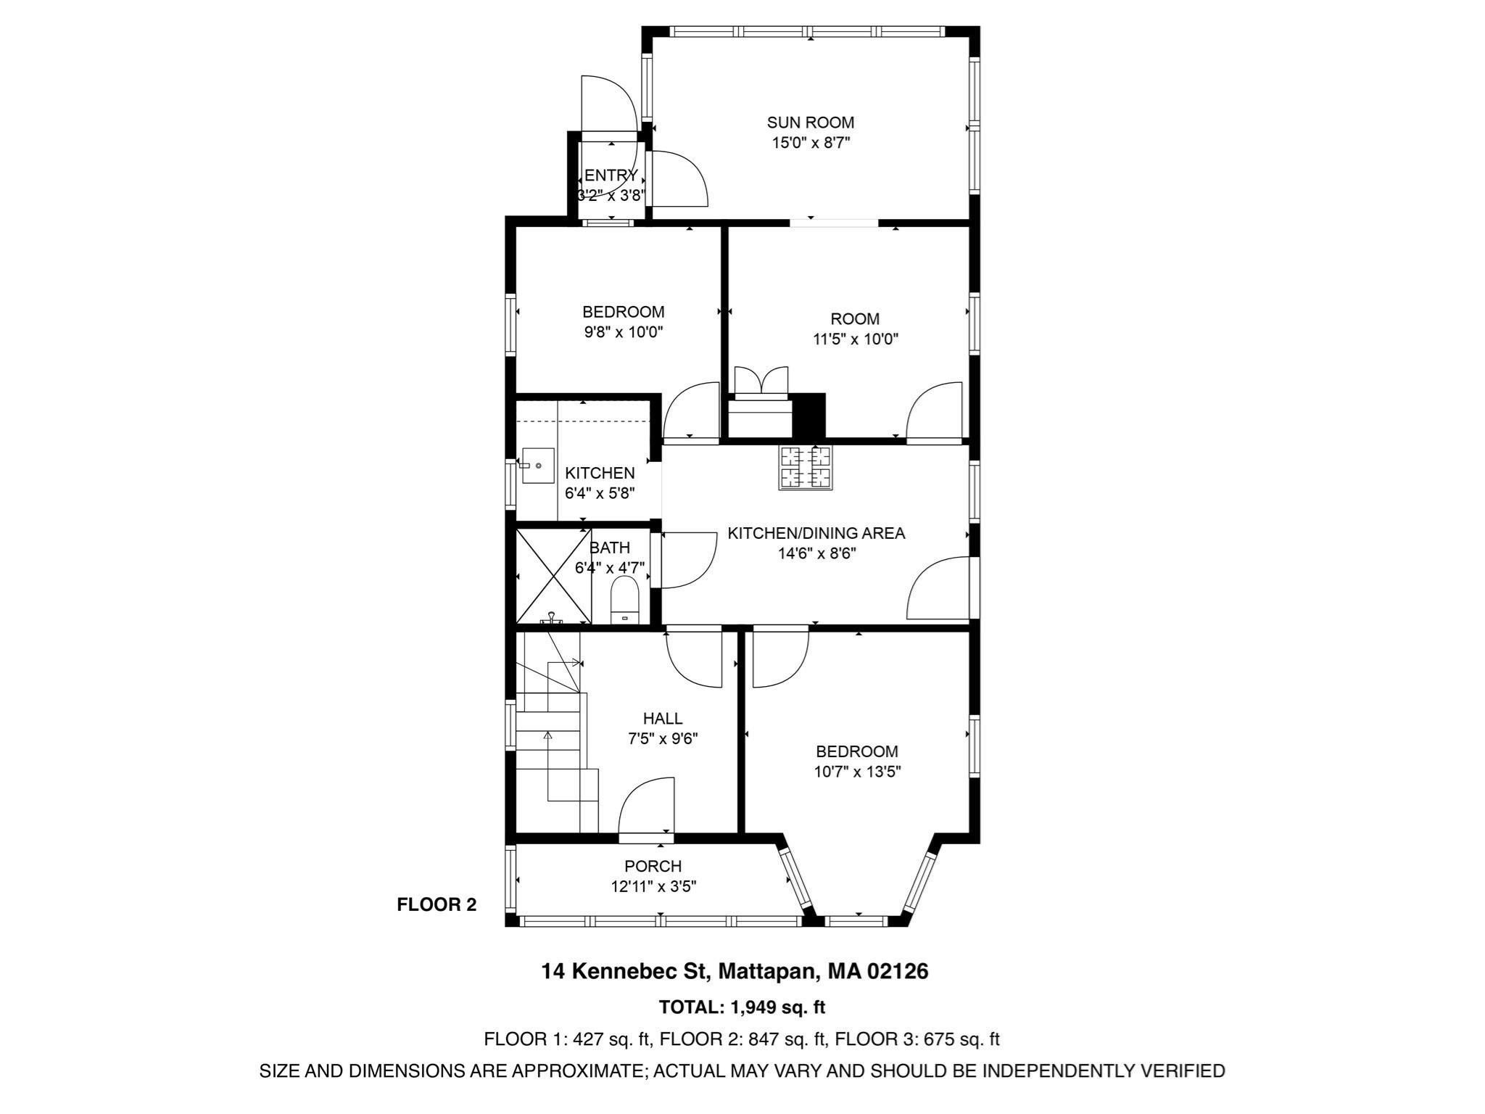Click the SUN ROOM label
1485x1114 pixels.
[810, 123]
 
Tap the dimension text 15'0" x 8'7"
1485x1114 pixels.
[810, 143]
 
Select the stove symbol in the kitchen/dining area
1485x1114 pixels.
[806, 468]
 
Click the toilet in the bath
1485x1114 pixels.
[624, 601]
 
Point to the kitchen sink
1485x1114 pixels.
[537, 466]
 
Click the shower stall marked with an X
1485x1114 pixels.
[553, 576]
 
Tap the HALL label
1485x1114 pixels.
[662, 718]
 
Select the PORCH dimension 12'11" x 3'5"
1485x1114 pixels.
[653, 886]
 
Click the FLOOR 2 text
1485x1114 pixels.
[437, 904]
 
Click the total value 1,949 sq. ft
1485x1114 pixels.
[777, 1007]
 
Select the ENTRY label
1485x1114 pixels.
[611, 176]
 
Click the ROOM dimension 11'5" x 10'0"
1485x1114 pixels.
[855, 339]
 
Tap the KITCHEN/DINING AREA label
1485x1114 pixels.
[816, 533]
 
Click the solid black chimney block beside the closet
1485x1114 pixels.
[809, 416]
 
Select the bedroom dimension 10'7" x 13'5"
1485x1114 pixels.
[856, 772]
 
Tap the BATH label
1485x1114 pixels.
[609, 548]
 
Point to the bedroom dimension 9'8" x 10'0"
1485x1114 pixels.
[624, 332]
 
